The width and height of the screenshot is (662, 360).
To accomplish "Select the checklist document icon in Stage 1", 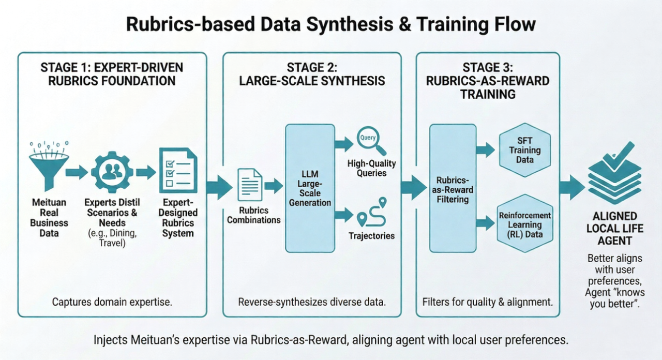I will point(177,169).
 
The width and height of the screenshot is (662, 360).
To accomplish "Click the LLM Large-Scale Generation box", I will point(310,188).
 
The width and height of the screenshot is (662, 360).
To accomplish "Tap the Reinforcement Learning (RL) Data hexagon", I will point(525,223).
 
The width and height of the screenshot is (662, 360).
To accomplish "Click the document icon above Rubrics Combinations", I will point(250,185).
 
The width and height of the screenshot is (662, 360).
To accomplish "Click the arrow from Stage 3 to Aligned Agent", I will point(572,187).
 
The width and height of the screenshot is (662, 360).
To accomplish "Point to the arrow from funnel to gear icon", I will point(77,172).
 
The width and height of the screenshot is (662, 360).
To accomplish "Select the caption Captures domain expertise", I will point(112,302).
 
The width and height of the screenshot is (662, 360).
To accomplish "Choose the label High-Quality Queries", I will point(371,168).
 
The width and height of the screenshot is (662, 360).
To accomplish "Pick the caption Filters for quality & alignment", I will point(487,302).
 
